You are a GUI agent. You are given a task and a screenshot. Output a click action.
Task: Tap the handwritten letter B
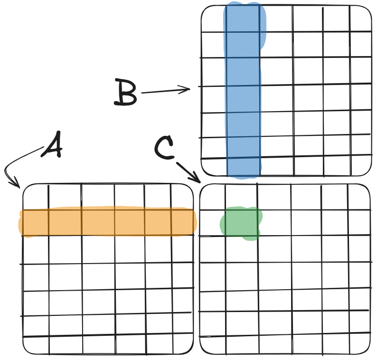pyautogui.click(x=126, y=93)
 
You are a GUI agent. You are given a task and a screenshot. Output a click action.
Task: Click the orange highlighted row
pyautogui.click(x=107, y=222)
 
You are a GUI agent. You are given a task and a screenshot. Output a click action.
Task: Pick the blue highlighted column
pyautogui.click(x=243, y=90)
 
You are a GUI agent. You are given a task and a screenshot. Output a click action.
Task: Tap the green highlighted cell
pyautogui.click(x=241, y=222)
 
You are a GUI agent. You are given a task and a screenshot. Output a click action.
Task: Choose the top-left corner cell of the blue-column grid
pyautogui.click(x=214, y=19)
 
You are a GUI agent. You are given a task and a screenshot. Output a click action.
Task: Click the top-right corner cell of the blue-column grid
pyautogui.click(x=360, y=19)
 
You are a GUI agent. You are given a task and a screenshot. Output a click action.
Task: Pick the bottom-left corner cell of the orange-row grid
pyautogui.click(x=36, y=345)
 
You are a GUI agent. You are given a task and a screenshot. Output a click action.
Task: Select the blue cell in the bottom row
pyautogui.click(x=244, y=166)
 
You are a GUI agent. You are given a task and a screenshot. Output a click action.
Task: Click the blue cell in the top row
pyautogui.click(x=243, y=19)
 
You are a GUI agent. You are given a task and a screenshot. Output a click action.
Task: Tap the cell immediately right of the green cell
pyautogui.click(x=274, y=222)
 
